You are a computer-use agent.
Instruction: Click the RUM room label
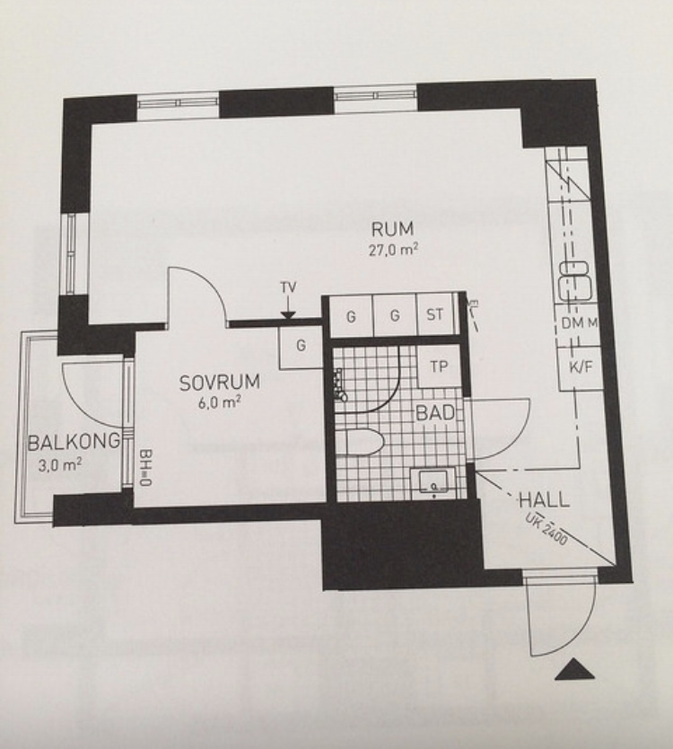[392, 230]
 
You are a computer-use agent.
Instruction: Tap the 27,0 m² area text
[394, 250]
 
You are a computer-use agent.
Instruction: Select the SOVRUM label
[220, 383]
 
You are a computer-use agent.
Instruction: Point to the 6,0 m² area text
[219, 402]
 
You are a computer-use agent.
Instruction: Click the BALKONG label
[74, 441]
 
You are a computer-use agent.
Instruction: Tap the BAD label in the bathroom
[435, 413]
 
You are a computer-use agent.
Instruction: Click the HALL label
[544, 500]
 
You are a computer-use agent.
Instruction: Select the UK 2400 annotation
[546, 529]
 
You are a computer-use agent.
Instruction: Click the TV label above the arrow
[288, 287]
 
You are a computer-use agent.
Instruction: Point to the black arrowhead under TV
[288, 315]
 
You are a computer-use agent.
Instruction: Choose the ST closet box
[434, 315]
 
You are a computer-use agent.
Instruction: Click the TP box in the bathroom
[439, 366]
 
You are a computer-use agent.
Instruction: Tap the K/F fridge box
[579, 366]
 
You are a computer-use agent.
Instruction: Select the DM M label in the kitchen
[579, 323]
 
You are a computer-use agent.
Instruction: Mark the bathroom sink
[433, 481]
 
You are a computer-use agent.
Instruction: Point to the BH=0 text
[144, 468]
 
